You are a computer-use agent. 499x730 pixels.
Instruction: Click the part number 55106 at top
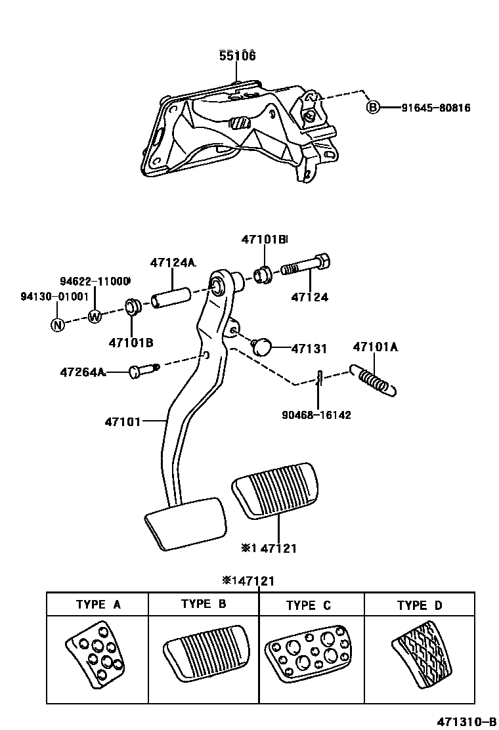(x=237, y=56)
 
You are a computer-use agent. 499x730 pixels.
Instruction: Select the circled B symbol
(x=373, y=107)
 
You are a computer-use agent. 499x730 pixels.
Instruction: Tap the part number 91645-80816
(x=435, y=108)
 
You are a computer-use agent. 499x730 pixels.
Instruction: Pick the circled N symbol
(x=58, y=324)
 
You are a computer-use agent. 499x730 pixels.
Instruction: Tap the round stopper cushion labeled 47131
(x=262, y=346)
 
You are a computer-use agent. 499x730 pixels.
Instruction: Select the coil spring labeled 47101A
(x=376, y=380)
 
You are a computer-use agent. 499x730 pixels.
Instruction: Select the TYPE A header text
(x=98, y=605)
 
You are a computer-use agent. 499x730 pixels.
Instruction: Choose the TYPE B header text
(x=204, y=605)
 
